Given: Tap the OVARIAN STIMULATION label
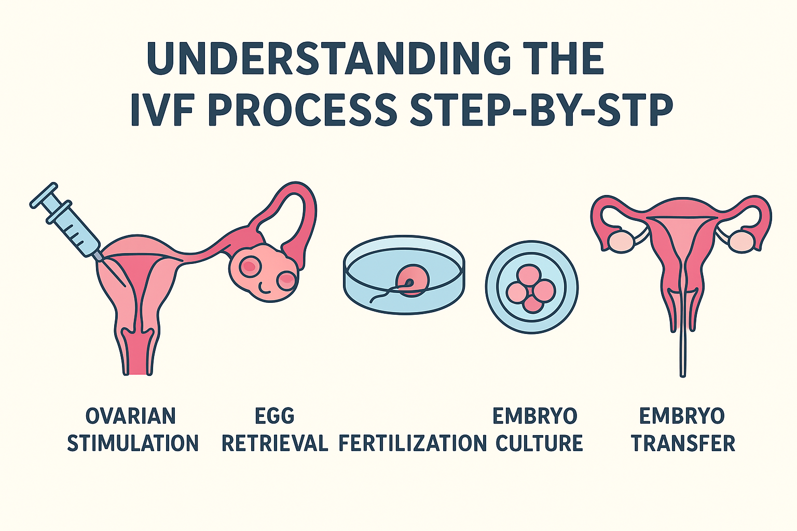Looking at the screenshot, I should click(x=133, y=430).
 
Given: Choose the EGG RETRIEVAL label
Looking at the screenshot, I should click(x=274, y=430).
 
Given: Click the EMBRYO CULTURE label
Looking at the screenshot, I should click(x=538, y=430).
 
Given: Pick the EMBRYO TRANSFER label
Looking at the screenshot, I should click(x=682, y=430).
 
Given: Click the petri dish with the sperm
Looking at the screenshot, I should click(x=404, y=275).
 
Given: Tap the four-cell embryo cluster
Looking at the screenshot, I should click(x=531, y=288).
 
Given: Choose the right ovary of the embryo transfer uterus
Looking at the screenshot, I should click(x=741, y=241).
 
